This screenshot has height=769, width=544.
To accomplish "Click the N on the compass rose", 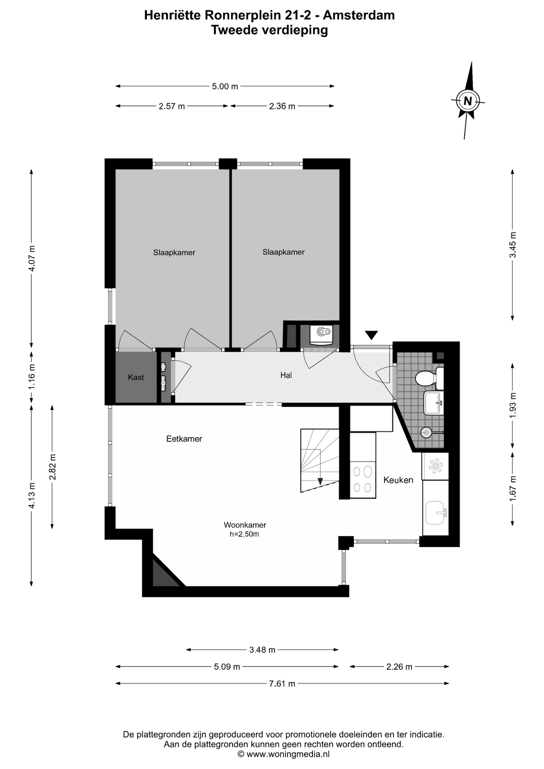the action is [467, 101].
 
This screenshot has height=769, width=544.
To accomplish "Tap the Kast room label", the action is [136, 377].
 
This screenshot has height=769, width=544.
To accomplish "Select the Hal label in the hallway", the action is [286, 375].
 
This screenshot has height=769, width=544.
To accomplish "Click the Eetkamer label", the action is [184, 439].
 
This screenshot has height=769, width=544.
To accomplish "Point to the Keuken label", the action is [398, 480].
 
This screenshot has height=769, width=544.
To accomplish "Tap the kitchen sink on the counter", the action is [436, 513].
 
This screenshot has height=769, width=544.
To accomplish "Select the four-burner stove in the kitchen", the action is [363, 479].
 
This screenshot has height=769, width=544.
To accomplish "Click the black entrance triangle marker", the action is [371, 335].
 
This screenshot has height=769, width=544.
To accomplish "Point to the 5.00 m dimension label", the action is [225, 86].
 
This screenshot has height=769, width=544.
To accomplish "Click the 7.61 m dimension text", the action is [282, 684].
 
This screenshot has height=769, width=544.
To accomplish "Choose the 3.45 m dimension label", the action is [513, 245].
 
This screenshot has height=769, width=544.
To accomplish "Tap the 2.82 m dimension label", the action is [52, 467].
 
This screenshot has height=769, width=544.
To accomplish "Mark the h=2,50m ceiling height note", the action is [244, 534].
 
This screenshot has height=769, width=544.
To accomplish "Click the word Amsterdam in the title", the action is [359, 15].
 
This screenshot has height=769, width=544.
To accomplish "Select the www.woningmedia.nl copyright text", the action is [284, 754].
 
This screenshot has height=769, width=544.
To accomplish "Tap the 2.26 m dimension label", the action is [399, 666].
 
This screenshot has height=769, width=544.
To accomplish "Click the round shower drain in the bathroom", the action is [426, 432].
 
